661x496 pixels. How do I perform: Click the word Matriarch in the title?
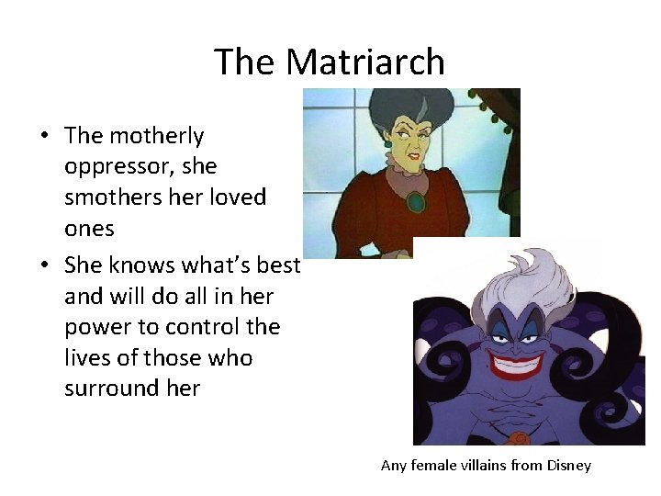click(365, 62)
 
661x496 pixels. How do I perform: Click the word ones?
click(89, 228)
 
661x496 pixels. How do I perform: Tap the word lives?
click(87, 357)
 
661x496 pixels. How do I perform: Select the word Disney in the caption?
click(568, 466)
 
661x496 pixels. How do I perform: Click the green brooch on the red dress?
click(417, 201)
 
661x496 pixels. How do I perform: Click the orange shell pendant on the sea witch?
click(520, 438)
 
